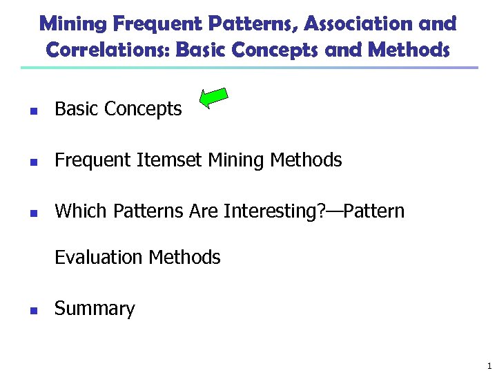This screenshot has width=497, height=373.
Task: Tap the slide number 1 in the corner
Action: (489, 366)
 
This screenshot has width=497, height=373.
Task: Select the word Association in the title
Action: (358, 24)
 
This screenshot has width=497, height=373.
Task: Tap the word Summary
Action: (95, 309)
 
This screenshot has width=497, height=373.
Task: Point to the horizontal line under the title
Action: (248, 68)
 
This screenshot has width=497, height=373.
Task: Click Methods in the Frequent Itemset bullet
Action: (306, 160)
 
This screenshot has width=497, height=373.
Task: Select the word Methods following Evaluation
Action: (184, 258)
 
